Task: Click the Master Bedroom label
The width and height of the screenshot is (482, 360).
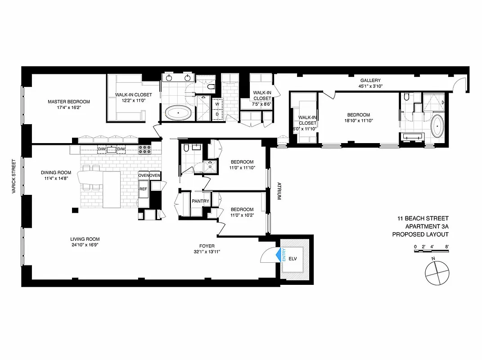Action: click(x=69, y=102)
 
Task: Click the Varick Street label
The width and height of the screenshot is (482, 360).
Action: click(x=15, y=176)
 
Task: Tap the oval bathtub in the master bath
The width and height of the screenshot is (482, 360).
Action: click(x=179, y=112)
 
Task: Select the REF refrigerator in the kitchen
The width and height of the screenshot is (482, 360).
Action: click(x=143, y=189)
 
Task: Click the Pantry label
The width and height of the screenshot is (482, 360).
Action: click(x=199, y=201)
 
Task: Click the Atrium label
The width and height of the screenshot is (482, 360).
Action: click(x=279, y=191)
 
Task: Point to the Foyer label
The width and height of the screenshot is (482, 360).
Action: click(x=207, y=246)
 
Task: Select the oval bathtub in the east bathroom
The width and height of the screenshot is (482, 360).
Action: click(x=437, y=127)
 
